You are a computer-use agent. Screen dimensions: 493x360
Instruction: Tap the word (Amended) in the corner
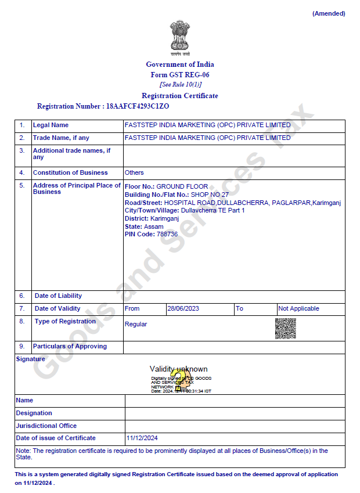(x=329, y=13)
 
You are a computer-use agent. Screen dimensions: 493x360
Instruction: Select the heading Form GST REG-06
(x=180, y=75)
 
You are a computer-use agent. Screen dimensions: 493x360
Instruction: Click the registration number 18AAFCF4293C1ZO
(x=138, y=106)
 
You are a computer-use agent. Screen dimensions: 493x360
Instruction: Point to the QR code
(x=285, y=329)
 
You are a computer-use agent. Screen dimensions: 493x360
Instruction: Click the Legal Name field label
(x=51, y=125)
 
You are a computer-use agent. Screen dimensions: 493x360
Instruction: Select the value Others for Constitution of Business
(x=134, y=172)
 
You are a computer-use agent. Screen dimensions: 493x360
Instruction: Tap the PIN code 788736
(x=167, y=234)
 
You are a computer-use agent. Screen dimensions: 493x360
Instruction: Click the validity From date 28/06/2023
(x=183, y=308)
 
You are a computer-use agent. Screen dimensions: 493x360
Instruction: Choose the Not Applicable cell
(x=298, y=308)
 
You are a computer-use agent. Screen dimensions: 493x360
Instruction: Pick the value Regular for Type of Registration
(x=136, y=324)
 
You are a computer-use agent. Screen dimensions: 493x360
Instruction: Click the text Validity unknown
(x=178, y=369)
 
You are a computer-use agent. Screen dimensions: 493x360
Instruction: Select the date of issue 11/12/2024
(x=142, y=438)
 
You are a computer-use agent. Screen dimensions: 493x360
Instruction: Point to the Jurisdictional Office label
(x=46, y=426)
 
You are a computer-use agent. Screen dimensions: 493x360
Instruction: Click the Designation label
(x=34, y=413)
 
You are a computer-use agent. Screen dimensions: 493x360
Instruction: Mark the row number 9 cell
(x=22, y=347)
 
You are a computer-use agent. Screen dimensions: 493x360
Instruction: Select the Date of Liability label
(x=58, y=296)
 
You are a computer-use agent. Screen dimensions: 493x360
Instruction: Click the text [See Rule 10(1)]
(x=180, y=85)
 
